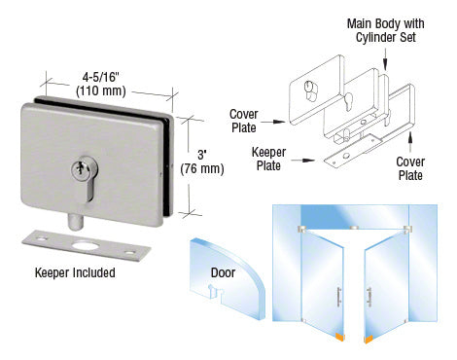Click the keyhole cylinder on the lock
click(x=84, y=178)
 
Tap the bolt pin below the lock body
click(x=75, y=222)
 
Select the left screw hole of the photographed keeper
click(x=42, y=239)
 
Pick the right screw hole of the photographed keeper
click(x=130, y=253)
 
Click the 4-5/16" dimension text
click(x=101, y=77)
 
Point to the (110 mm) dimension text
click(x=101, y=90)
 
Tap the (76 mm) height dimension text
click(x=202, y=168)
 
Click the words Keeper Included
click(x=75, y=272)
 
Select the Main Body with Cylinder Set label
click(x=385, y=30)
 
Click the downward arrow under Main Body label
click(x=385, y=59)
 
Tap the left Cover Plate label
click(x=244, y=121)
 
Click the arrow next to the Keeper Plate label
click(x=303, y=161)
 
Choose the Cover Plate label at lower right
click(x=410, y=168)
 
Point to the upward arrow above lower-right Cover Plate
click(x=410, y=142)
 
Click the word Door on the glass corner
click(x=223, y=272)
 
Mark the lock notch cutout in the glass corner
click(x=216, y=292)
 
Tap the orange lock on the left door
click(x=339, y=337)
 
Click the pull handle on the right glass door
click(x=369, y=296)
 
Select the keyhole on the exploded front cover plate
click(x=309, y=90)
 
